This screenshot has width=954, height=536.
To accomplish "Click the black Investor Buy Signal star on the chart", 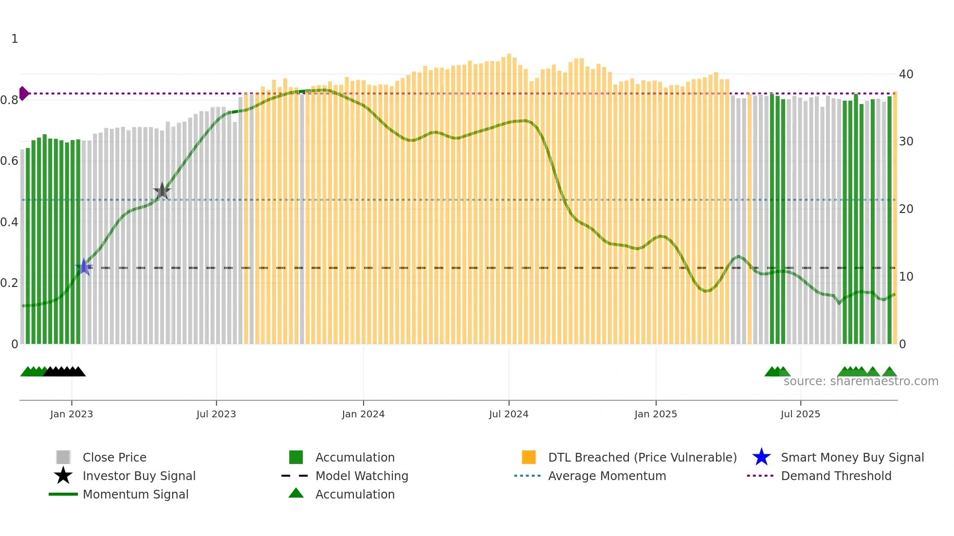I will (162, 191).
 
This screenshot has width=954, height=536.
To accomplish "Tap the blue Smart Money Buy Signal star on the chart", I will (84, 267).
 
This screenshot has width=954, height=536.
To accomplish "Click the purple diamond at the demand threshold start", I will (23, 93).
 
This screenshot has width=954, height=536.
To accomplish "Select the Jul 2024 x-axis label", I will (509, 414).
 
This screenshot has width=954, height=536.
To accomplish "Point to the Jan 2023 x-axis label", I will (72, 414).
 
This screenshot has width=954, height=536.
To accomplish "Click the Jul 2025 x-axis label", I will (800, 414).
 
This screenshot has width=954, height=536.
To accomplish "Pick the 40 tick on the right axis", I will (906, 74).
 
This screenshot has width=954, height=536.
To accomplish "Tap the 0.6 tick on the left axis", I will (10, 161).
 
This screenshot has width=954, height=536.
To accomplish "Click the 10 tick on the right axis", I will (906, 277).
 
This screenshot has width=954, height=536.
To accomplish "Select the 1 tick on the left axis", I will (15, 39).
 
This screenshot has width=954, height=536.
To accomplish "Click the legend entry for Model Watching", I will (361, 476).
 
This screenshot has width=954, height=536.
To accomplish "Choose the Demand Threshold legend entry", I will (836, 476).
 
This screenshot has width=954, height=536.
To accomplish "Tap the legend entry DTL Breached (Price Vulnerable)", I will (642, 458).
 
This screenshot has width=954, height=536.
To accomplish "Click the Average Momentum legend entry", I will (606, 476).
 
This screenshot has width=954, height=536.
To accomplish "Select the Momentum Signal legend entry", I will (135, 495).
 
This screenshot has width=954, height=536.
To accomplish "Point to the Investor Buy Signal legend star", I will (63, 476).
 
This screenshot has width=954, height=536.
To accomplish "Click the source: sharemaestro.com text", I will (861, 381).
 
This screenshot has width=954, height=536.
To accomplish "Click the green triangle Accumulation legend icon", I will (296, 494).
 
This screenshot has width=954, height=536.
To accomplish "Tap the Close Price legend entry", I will (114, 458).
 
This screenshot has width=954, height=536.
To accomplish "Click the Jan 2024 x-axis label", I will (363, 414).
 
